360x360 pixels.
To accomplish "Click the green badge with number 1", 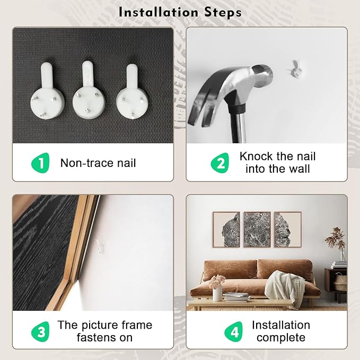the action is [x=41, y=163].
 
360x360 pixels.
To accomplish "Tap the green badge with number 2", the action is [x=220, y=163].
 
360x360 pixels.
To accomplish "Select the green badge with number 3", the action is [x=40, y=331].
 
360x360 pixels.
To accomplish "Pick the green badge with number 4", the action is [x=233, y=331].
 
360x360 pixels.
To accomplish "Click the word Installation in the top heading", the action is [x=158, y=12].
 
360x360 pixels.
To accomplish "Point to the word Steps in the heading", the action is [x=223, y=13].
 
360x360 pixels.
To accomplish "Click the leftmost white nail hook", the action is [x=47, y=91].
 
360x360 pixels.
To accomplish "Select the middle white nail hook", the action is [x=89, y=90].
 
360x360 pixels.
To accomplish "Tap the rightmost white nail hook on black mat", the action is [x=132, y=91].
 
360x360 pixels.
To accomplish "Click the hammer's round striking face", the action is [x=262, y=75].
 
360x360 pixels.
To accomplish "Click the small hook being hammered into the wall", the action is [x=295, y=69].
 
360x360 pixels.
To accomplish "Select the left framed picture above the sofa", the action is [x=226, y=230].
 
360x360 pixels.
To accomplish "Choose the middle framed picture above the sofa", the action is [x=257, y=230].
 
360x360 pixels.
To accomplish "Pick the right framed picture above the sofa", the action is [x=288, y=230].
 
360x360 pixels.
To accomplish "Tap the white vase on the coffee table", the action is [x=217, y=293].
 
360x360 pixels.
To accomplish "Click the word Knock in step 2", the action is [x=256, y=156].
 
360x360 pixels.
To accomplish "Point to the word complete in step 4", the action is [x=281, y=338].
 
